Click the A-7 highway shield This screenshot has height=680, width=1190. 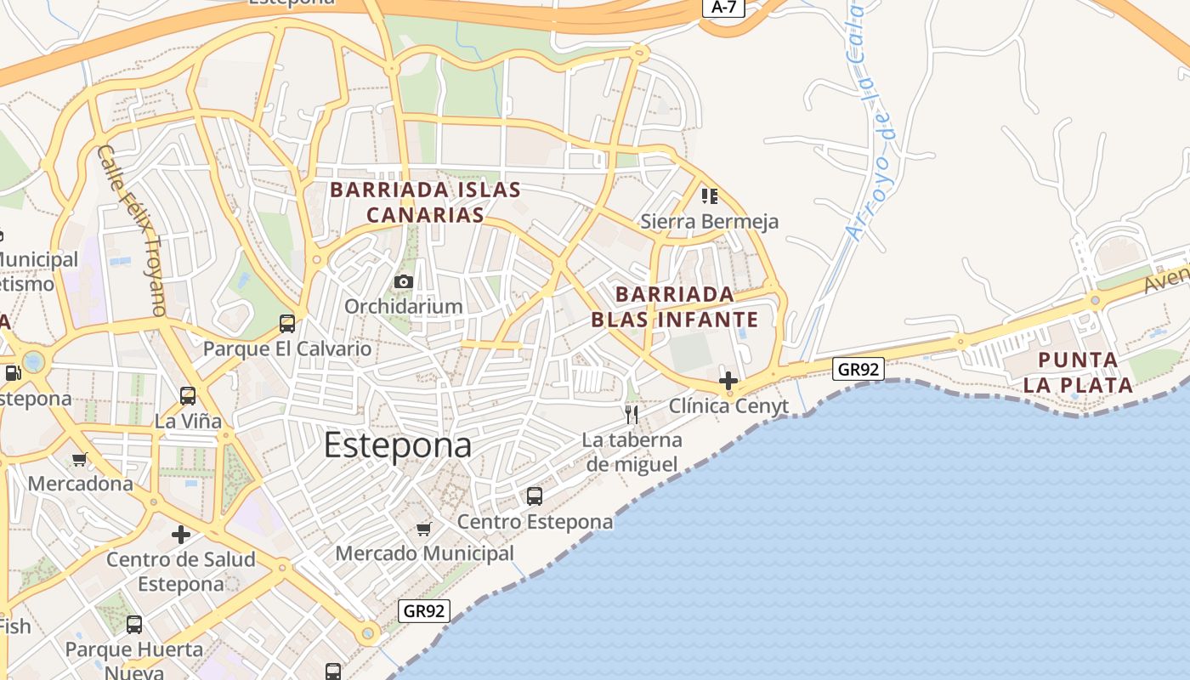point(723,7)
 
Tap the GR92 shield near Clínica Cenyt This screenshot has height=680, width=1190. point(858,369)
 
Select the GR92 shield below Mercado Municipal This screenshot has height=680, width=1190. point(423,610)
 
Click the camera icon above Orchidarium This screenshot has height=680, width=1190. point(404,281)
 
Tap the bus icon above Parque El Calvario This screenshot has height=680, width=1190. point(287,324)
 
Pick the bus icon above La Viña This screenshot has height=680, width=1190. point(188,396)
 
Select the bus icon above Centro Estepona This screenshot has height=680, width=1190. point(535,496)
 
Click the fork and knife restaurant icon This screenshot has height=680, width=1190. point(632,414)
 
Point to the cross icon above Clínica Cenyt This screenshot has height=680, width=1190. point(728,381)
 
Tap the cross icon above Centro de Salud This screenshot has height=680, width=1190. point(181,535)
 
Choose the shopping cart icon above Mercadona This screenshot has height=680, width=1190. point(80,460)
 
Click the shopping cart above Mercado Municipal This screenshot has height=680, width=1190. point(424,529)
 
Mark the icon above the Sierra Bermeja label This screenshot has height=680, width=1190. point(710,197)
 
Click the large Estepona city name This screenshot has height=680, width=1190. point(398,445)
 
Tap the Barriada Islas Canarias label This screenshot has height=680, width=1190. point(425,201)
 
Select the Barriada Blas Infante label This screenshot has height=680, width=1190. point(674,307)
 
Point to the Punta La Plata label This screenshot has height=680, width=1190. point(1078,371)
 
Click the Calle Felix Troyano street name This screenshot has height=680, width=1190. point(131,230)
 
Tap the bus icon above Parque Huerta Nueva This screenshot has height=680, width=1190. point(134,625)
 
